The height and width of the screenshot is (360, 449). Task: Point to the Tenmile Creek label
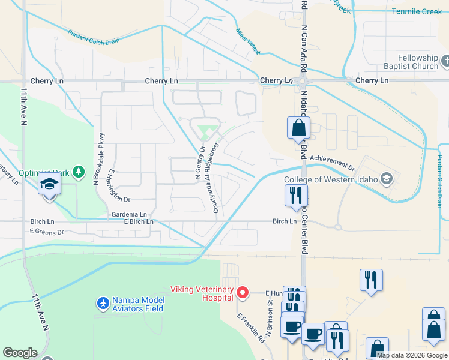click(416, 11)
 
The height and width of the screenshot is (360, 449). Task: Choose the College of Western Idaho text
click(331, 178)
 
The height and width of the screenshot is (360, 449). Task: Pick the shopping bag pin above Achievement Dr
click(298, 128)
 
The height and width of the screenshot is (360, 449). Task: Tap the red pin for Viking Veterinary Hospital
click(243, 293)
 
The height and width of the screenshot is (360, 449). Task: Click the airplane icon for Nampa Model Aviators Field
click(103, 303)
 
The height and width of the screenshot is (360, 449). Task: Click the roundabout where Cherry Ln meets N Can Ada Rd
click(302, 81)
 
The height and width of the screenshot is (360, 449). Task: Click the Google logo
click(20, 353)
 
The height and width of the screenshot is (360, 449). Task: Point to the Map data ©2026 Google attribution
click(412, 355)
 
